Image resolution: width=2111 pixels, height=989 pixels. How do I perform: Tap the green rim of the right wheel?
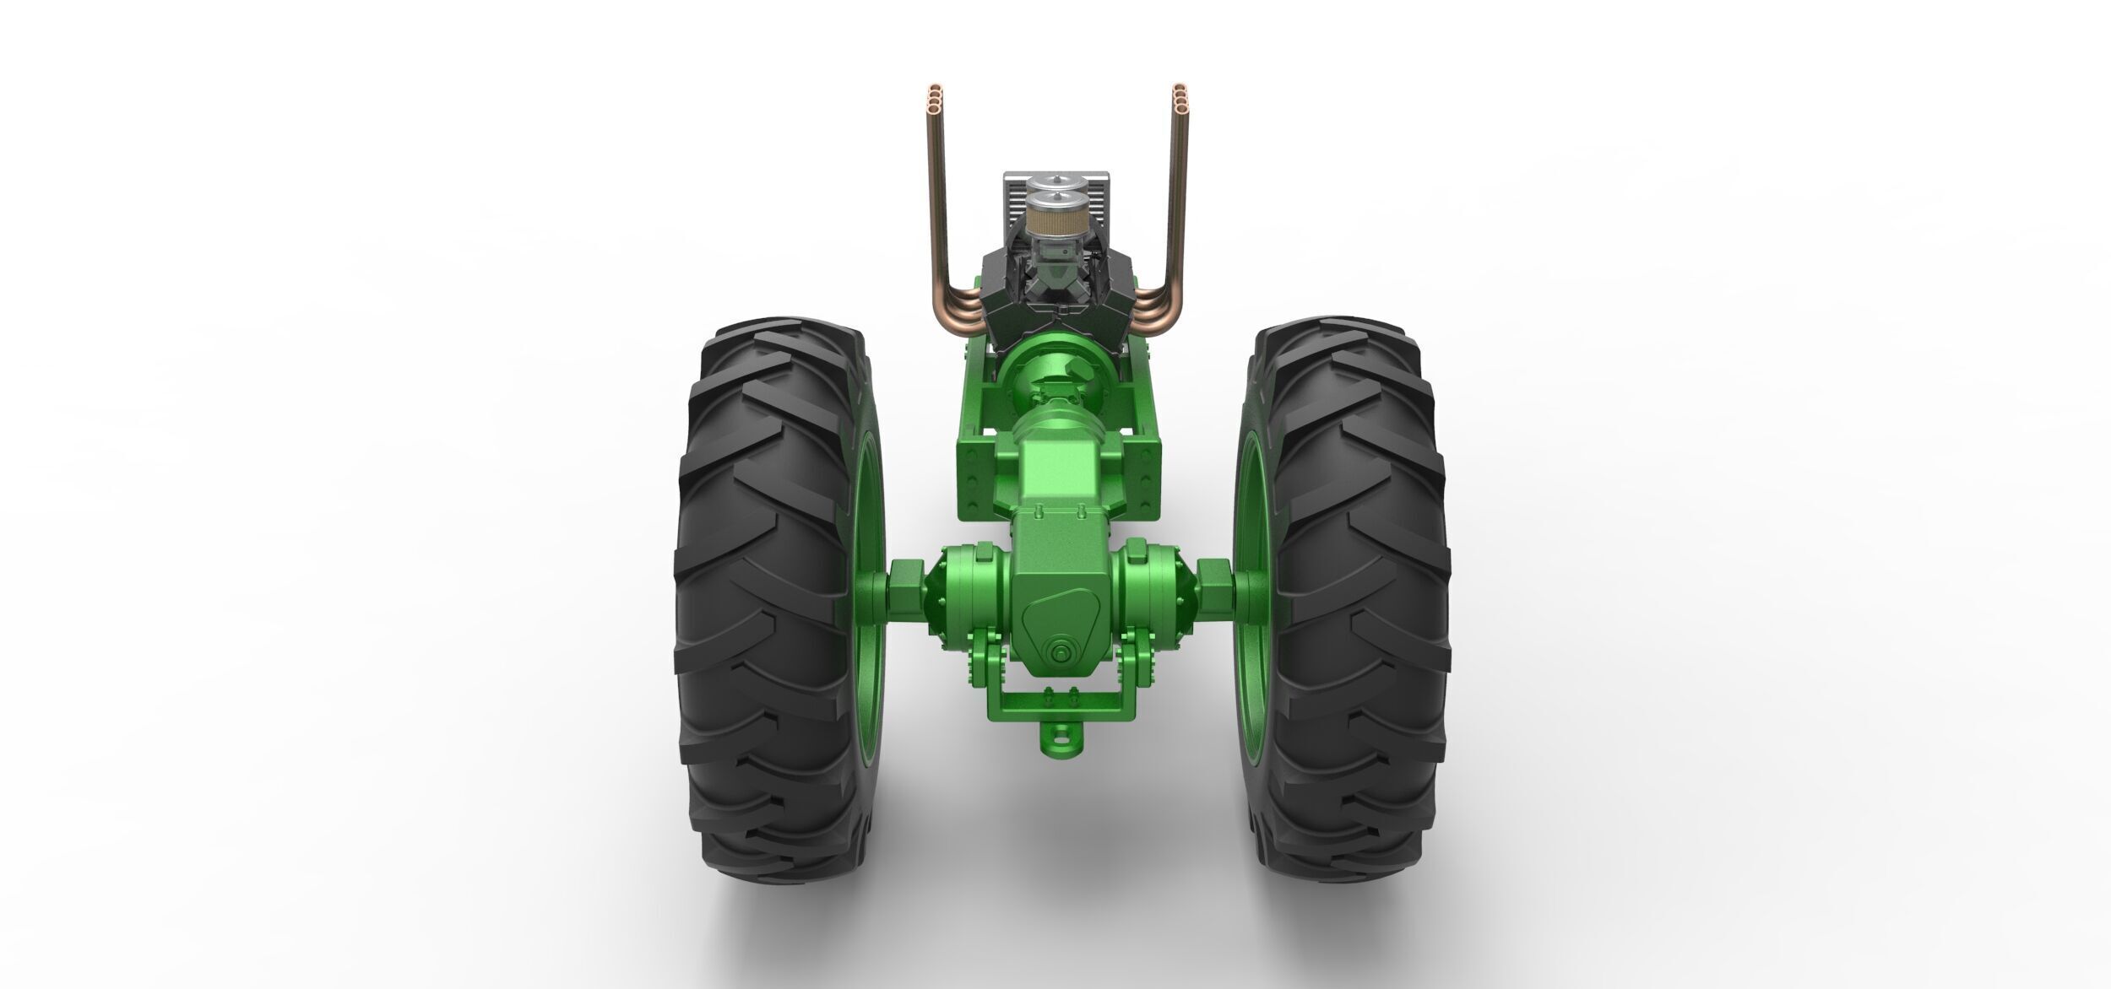[1248, 540]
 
